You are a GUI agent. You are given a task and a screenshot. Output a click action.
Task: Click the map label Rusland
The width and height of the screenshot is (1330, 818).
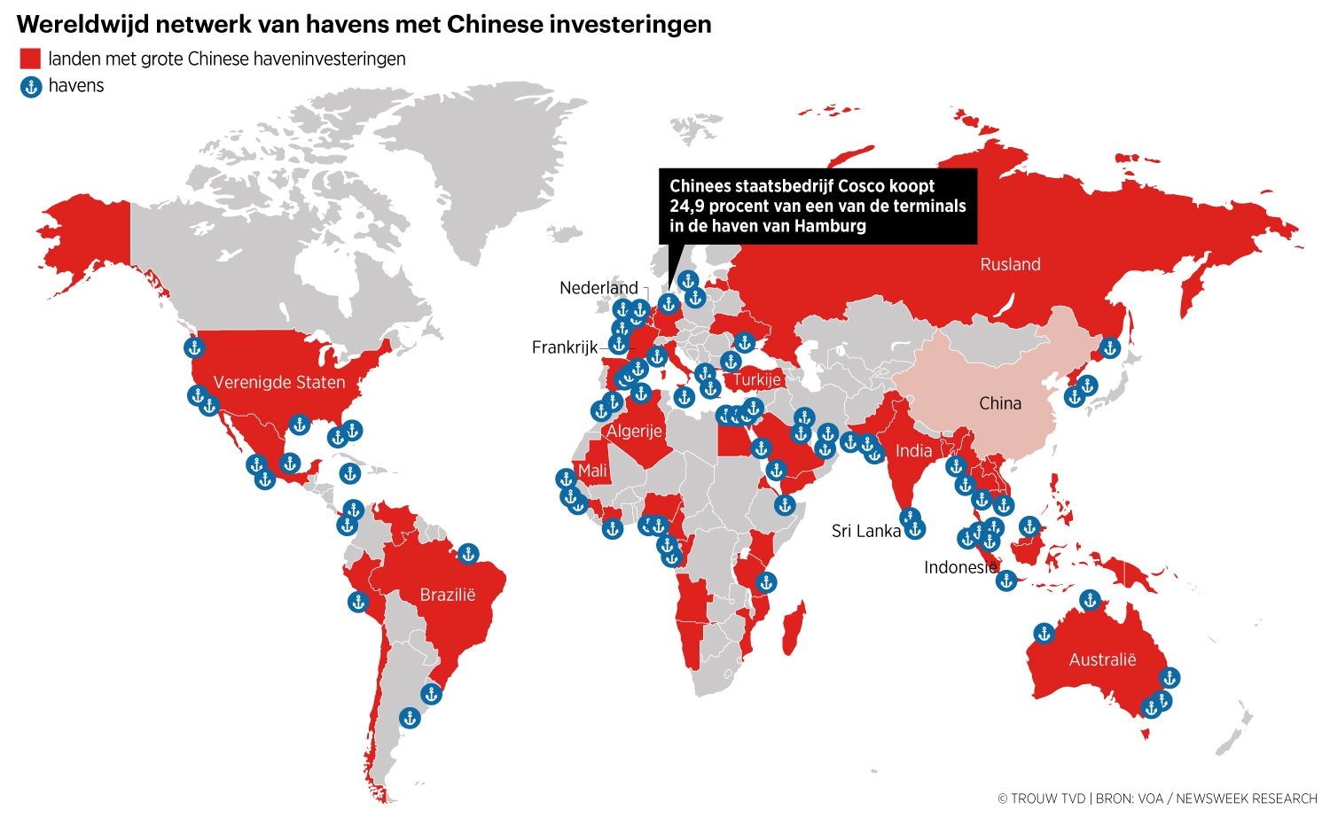[1010, 264]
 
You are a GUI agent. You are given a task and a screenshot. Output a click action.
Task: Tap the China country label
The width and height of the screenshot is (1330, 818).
[1000, 403]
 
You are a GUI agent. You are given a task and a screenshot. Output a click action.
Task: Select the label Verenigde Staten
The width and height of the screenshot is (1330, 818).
[279, 382]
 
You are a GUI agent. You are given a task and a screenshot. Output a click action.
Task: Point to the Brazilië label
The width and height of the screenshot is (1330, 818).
[448, 595]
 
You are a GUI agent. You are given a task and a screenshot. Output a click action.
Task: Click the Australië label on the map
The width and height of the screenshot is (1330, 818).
[1102, 659]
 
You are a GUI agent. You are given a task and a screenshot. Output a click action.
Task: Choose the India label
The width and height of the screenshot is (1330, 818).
[913, 451]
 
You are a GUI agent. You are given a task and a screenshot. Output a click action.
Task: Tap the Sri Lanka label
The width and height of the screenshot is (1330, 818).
[865, 531]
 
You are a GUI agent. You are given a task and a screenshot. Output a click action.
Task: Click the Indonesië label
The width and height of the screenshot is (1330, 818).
[960, 567]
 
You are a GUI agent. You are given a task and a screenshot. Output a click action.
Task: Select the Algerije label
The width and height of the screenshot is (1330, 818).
[634, 432]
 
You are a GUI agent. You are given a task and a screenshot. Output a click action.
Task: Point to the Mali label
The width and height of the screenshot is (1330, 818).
[592, 471]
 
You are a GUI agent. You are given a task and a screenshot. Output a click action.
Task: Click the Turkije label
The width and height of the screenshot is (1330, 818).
[756, 380]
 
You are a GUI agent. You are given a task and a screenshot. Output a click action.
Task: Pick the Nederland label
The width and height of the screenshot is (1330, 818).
[598, 288]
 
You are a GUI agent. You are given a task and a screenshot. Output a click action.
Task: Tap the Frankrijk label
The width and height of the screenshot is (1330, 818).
[565, 347]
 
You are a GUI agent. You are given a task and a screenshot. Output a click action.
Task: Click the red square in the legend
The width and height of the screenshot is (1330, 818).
[30, 59]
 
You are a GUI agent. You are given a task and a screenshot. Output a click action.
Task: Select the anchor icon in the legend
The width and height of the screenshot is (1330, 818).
[31, 87]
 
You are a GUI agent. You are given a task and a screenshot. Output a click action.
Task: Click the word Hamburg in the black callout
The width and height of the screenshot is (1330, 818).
[830, 226]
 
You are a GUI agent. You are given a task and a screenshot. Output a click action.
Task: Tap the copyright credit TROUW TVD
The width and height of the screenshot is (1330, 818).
[1048, 799]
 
